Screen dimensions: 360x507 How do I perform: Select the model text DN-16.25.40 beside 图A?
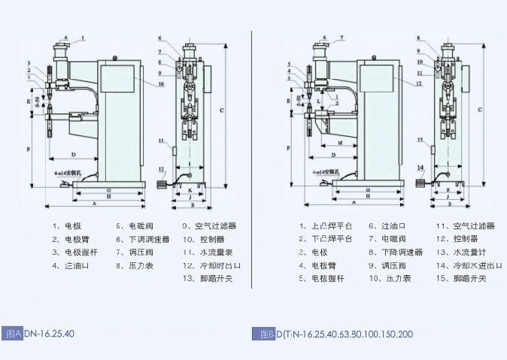[50, 333]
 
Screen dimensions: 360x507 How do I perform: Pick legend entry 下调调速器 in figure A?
[144, 239]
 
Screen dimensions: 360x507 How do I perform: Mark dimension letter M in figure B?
[341, 141]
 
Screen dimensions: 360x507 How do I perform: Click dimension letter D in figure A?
[73, 154]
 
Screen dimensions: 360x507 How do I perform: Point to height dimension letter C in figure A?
[221, 110]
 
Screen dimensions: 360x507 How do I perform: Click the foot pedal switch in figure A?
[161, 183]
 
